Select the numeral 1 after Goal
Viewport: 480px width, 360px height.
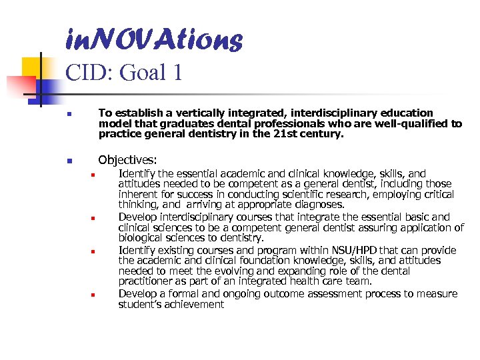(x=177, y=73)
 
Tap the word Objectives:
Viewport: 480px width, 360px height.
(x=127, y=161)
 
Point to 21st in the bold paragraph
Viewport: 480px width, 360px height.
(x=290, y=133)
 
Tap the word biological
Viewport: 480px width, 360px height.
(x=141, y=238)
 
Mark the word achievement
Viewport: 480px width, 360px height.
(x=197, y=305)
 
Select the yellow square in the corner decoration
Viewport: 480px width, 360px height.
(x=32, y=67)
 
